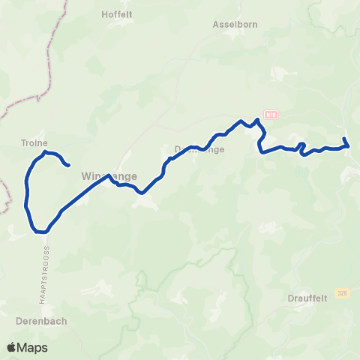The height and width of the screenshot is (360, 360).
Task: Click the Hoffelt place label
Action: (116, 13)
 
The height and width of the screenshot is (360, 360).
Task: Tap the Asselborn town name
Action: (235, 24)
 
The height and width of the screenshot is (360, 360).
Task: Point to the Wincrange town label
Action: (109, 177)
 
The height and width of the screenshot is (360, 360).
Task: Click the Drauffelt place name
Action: (307, 298)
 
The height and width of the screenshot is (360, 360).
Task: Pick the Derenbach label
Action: (41, 321)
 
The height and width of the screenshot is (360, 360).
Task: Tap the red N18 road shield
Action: (271, 115)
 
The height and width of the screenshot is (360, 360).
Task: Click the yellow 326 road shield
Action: (343, 292)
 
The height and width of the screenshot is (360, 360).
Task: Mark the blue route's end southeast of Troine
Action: (69, 165)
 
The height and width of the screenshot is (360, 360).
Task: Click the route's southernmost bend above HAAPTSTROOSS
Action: (41, 232)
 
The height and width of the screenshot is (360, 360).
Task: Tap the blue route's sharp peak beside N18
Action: (257, 119)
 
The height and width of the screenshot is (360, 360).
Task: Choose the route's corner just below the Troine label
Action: (46, 152)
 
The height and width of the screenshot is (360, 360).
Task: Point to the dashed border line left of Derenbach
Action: (7, 196)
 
